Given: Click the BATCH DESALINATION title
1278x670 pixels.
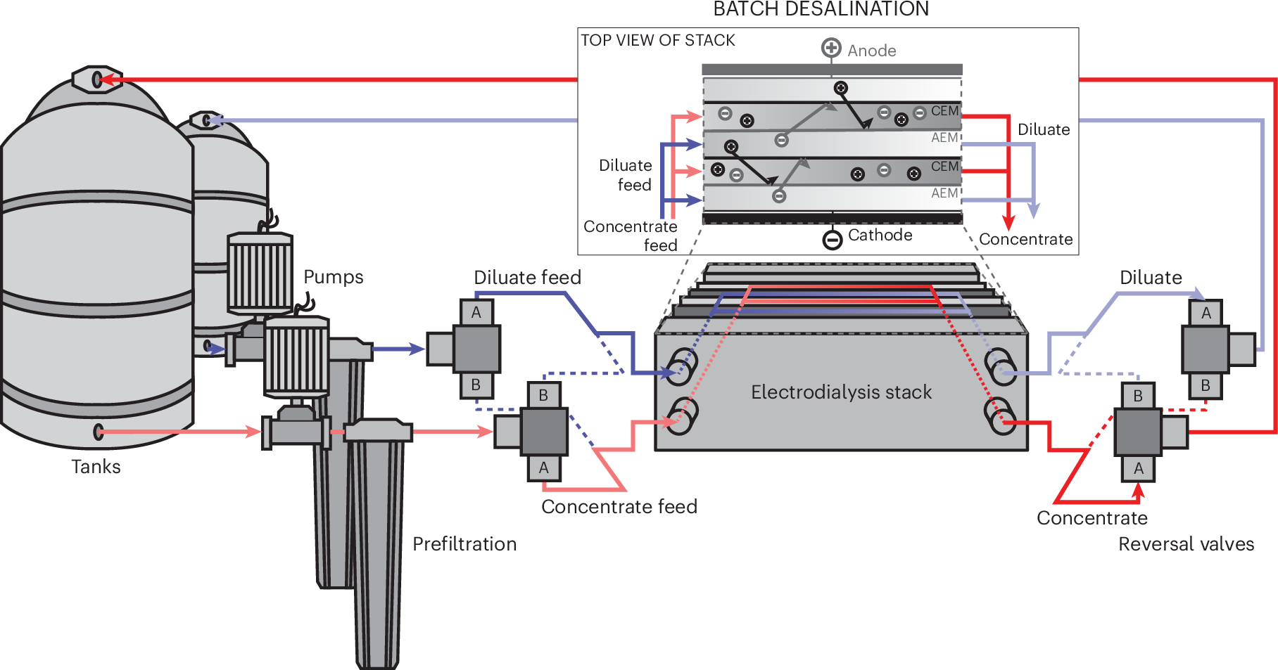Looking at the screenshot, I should tap(821, 9).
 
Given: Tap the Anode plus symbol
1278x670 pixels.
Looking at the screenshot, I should tap(831, 48).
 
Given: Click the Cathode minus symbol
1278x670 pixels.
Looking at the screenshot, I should tap(832, 240).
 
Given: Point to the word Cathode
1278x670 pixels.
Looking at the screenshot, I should tap(880, 235).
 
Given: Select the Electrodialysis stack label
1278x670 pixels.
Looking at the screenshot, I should tap(841, 392).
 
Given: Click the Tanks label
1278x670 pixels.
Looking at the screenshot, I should tap(96, 467).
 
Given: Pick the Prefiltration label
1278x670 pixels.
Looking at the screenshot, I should tap(464, 544).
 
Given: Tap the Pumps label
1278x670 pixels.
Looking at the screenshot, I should tap(333, 277).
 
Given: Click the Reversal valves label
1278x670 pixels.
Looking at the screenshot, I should tap(1186, 544).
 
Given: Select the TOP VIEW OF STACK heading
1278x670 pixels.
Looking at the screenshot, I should tap(657, 40).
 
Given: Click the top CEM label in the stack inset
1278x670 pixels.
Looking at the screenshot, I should tap(944, 111).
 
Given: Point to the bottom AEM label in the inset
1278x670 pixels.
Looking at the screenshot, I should tap(944, 193).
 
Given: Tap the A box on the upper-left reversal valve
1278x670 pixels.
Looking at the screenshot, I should tap(476, 312).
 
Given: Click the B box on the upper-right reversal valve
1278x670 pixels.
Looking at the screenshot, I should tap(1206, 385).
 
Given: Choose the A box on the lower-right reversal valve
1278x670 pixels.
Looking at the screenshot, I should tap(1138, 468).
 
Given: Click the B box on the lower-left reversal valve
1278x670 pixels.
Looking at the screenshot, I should tap(543, 395).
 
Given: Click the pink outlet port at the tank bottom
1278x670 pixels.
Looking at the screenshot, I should tap(99, 431).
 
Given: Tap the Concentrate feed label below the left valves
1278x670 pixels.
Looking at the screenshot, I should tap(619, 507).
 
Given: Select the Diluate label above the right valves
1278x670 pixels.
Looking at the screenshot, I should tap(1151, 278).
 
